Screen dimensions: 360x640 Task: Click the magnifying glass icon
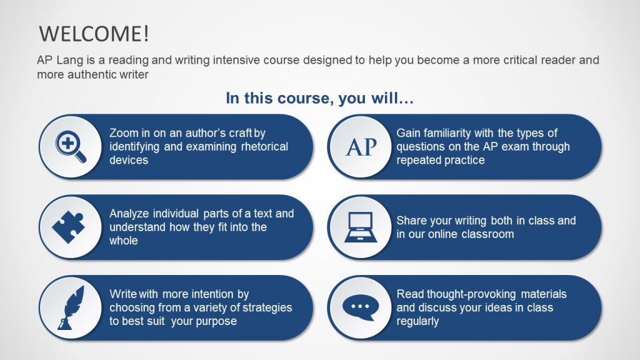71,147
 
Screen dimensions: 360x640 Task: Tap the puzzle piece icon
68,227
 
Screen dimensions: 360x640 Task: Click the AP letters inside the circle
361,147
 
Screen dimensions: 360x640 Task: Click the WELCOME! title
94,33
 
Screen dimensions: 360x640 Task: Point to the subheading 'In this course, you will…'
319,99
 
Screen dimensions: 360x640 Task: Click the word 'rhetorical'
262,147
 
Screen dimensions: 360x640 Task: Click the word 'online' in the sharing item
442,234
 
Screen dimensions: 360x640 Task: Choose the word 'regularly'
418,321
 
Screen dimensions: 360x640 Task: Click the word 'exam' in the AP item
512,147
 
